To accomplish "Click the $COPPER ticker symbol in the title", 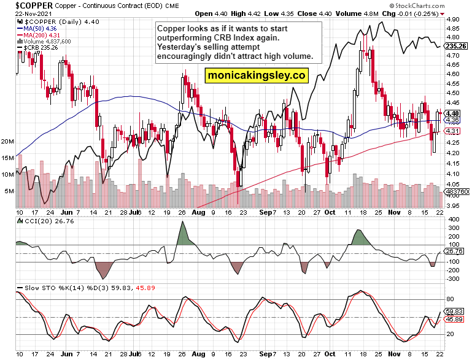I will [x=25, y=6].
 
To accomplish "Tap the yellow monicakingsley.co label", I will [x=257, y=75].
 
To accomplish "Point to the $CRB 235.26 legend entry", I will [x=43, y=48].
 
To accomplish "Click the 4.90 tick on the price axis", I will [x=454, y=19].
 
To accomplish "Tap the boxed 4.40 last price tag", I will [x=454, y=113].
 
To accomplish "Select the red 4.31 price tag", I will [x=454, y=131].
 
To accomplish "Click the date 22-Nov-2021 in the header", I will [x=23, y=13].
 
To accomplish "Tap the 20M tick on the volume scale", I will [x=7, y=141].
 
